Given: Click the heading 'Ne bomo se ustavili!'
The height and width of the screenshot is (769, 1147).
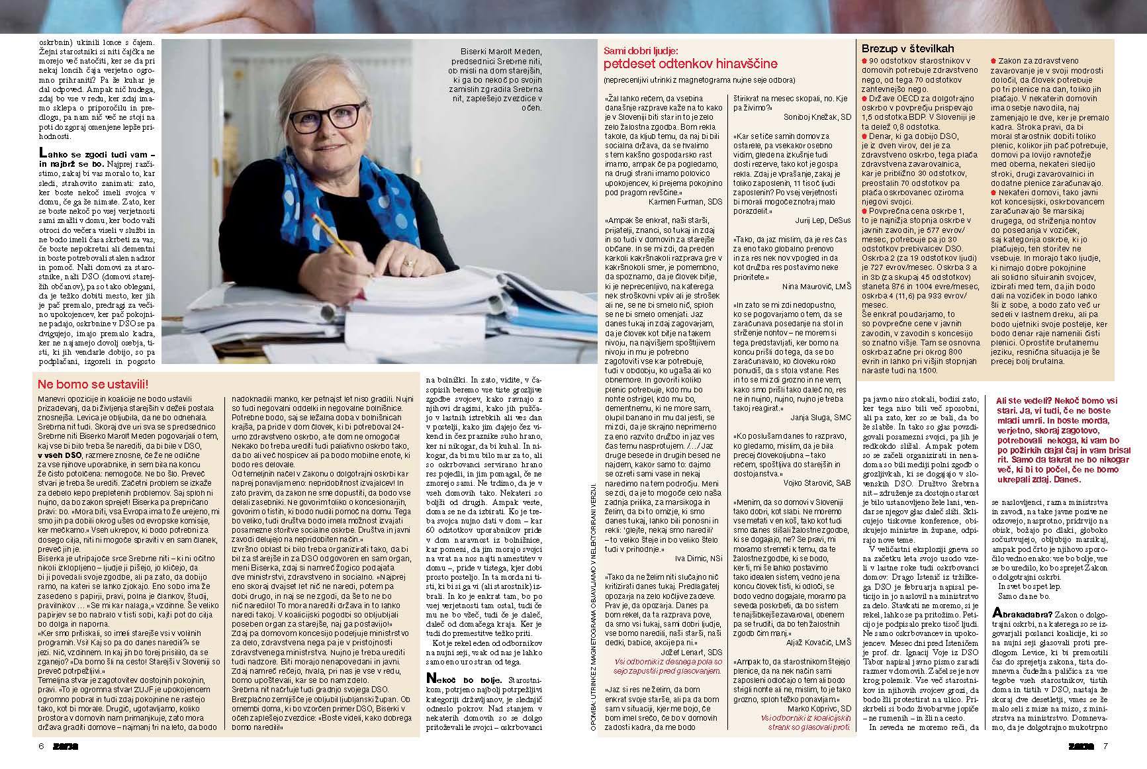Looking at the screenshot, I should [x=93, y=384].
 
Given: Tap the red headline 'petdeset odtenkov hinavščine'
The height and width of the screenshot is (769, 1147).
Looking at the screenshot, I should [x=690, y=64].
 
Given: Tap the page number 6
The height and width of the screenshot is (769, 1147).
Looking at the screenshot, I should [x=41, y=746].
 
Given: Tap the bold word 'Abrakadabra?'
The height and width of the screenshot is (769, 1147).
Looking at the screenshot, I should [x=1025, y=613].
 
